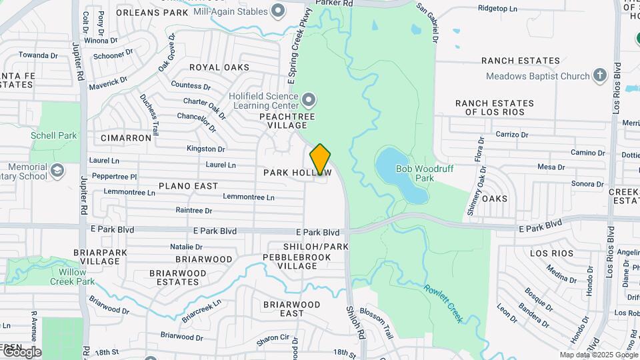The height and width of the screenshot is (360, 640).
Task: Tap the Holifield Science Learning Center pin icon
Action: [x=308, y=101]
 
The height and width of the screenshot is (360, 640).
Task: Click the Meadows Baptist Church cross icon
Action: [x=599, y=76]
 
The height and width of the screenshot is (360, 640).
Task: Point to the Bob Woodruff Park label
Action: [x=424, y=173]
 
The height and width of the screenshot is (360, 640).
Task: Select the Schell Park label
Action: [x=53, y=135]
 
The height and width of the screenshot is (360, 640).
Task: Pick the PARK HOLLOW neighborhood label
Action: [x=297, y=173]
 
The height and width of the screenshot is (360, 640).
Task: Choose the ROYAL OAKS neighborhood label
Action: [x=219, y=67]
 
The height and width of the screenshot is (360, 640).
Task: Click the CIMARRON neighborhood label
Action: [x=126, y=138]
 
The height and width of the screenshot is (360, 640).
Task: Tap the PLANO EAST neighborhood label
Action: [x=188, y=186]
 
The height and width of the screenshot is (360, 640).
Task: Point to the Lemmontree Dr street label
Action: [x=249, y=197]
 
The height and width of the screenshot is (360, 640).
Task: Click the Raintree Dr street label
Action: [x=193, y=211]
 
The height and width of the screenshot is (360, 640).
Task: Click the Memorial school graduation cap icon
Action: [x=57, y=171]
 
